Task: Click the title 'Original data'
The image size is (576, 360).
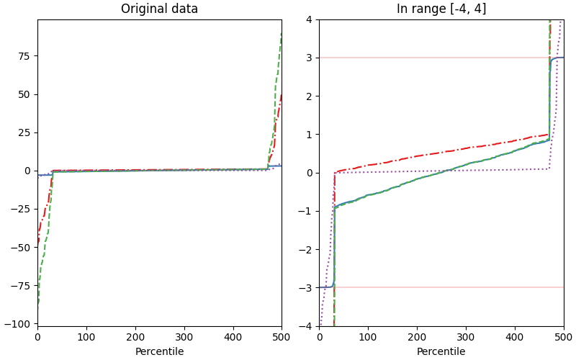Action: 159,9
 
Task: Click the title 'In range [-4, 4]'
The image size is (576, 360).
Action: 441,9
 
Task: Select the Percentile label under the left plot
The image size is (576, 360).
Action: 159,352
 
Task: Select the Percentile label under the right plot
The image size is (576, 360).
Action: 441,352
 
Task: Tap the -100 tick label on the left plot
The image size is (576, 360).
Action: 20,325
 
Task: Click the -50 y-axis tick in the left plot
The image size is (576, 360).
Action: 22,248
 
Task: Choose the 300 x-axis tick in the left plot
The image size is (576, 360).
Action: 184,336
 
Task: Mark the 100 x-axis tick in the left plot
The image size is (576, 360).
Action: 86,336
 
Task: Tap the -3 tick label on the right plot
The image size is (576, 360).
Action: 307,288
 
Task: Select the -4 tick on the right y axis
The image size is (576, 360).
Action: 307,326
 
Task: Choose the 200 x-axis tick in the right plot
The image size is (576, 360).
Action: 417,336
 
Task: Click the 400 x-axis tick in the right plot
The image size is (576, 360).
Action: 515,336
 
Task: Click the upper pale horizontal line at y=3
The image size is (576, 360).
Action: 432,58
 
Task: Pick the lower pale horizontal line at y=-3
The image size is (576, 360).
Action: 432,287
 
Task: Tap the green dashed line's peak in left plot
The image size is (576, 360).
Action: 282,33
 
